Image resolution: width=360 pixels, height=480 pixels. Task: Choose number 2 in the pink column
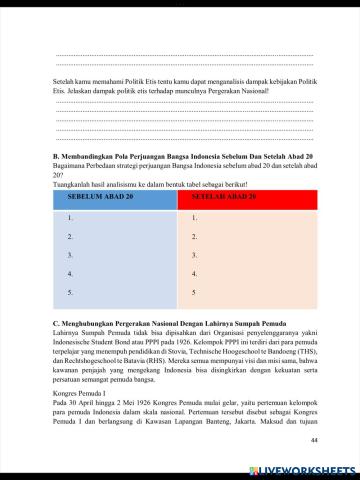[x=193, y=236]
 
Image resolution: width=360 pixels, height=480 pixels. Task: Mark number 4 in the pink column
[x=193, y=274]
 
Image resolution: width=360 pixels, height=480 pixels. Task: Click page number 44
[x=313, y=441]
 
